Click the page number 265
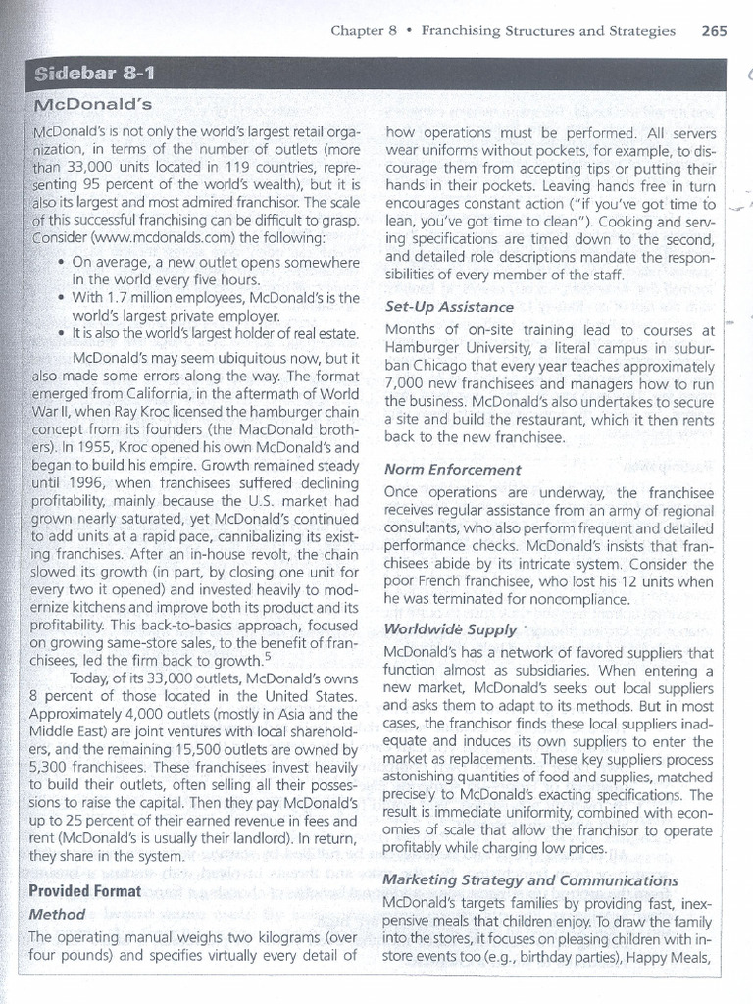(x=715, y=30)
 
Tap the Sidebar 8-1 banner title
(x=95, y=75)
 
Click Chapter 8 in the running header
(x=364, y=30)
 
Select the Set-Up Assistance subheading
(x=450, y=307)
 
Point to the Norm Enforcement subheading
(x=453, y=469)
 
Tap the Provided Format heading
(x=85, y=890)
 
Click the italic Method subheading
(x=58, y=914)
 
